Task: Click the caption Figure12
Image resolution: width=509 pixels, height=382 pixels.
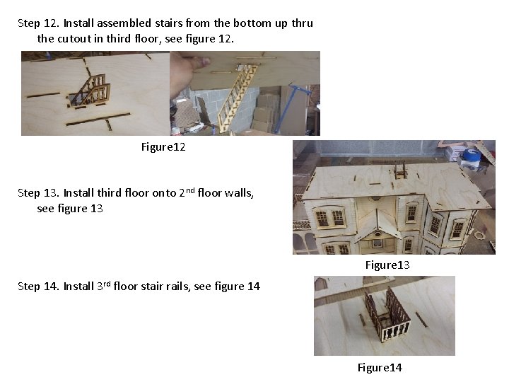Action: click(163, 147)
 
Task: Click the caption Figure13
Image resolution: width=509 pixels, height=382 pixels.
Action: click(387, 265)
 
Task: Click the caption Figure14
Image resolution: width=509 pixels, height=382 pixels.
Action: click(380, 367)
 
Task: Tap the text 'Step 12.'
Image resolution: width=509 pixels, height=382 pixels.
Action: click(38, 23)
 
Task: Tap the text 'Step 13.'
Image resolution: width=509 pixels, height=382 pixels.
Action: click(38, 193)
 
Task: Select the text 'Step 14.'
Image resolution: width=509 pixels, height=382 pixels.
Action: click(38, 286)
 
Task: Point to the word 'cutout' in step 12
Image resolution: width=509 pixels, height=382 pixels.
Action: click(74, 39)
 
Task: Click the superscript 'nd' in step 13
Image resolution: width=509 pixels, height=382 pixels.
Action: click(190, 190)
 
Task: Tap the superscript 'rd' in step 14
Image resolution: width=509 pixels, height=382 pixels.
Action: click(107, 284)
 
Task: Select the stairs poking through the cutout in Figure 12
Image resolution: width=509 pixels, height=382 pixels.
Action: click(90, 91)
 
